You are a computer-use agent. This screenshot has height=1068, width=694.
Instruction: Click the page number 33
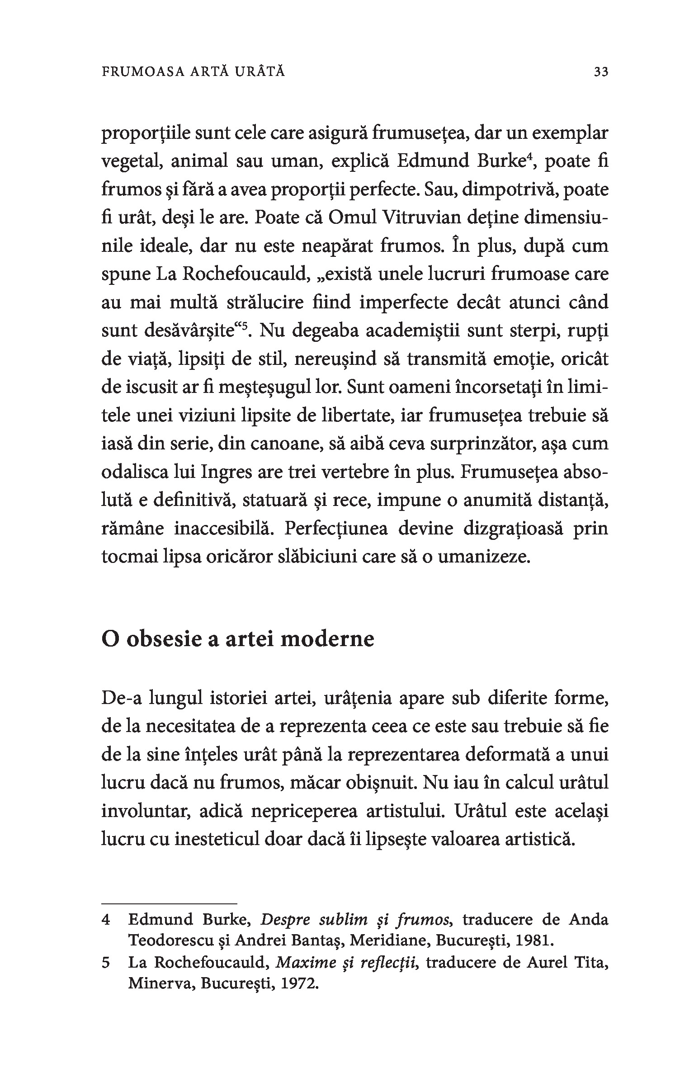pos(601,72)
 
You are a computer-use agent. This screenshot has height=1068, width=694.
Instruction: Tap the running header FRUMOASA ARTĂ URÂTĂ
pos(194,72)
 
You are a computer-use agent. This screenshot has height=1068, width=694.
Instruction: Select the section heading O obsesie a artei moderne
pos(238,639)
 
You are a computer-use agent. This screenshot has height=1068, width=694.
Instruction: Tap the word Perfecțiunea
pos(336,529)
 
